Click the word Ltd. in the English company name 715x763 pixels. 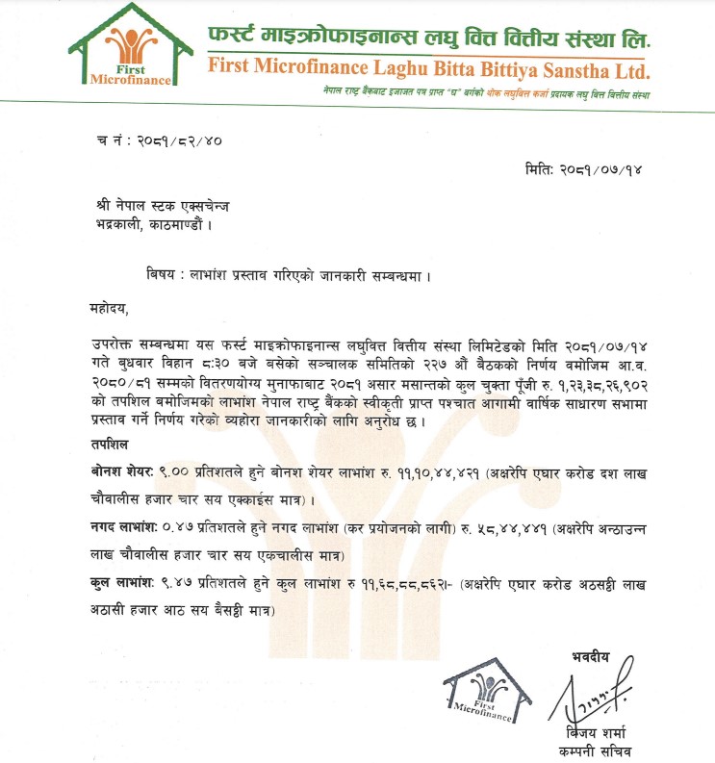[628, 70]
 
